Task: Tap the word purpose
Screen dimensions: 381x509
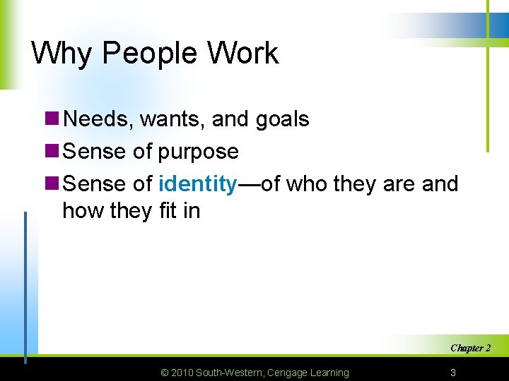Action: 199,152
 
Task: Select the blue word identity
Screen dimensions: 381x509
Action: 198,184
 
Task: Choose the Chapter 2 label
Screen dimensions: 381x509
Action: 471,348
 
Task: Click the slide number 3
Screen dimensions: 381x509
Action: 453,373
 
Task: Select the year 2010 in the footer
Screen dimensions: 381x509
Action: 182,373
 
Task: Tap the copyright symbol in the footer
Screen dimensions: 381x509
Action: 165,373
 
